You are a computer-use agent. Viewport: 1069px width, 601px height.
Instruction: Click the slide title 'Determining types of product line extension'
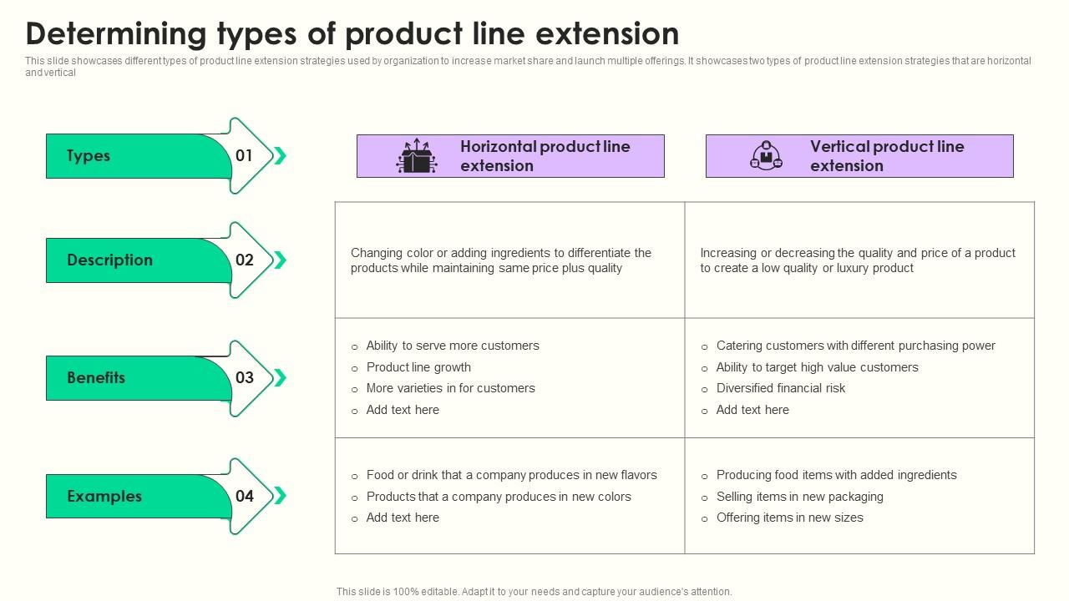352,34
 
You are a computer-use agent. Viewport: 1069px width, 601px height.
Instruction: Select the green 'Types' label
89,156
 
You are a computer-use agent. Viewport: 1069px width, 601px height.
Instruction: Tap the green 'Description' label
109,260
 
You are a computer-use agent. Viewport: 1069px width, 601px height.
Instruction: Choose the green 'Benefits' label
96,378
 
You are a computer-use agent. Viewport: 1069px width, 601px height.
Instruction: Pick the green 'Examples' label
104,497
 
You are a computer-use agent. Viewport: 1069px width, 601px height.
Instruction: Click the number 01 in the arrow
244,156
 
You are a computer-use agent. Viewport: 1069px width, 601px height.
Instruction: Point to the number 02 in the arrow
244,260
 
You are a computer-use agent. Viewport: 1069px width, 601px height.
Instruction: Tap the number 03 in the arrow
244,378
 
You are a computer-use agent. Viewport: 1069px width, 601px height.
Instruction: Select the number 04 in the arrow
244,497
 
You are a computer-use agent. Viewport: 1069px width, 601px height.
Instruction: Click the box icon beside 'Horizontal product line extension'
416,156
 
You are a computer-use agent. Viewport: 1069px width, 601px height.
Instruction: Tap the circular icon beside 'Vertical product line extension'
766,156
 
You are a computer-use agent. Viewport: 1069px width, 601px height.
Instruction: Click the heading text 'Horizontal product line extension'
545,156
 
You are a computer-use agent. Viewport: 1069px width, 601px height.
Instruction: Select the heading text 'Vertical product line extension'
886,156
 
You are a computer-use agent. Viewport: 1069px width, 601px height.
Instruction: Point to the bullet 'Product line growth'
418,367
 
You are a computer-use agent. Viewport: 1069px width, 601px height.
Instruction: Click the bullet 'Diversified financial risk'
781,388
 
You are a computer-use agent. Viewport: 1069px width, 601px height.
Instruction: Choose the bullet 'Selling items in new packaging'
799,497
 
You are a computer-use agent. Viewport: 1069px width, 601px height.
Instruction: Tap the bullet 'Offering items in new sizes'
789,518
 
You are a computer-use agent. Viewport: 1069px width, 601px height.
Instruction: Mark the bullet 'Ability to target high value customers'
817,367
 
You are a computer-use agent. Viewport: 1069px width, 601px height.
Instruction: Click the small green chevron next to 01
280,156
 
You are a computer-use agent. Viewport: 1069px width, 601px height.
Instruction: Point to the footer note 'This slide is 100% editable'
534,592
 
